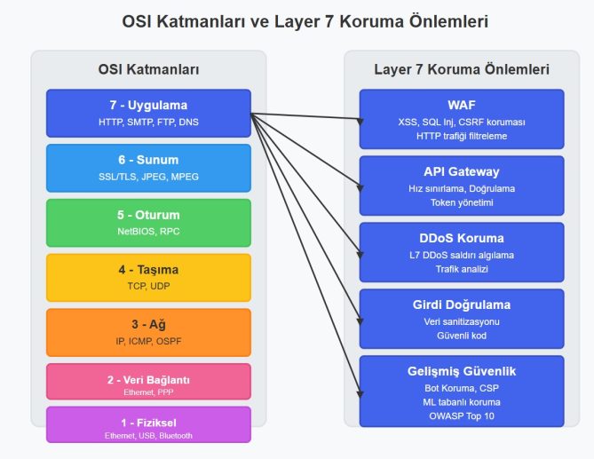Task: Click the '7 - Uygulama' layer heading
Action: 148,106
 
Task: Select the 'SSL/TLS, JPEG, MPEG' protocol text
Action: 148,177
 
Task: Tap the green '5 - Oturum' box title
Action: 148,215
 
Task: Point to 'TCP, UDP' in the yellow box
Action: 148,286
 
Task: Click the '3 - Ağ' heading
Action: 148,325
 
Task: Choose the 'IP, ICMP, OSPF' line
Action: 148,341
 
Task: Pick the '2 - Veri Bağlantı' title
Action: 148,380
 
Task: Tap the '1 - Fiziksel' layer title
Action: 148,423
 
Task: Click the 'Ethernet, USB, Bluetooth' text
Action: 148,436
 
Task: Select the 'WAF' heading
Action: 462,105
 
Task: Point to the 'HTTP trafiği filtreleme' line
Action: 462,137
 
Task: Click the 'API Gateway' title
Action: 462,172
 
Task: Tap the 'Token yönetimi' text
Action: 462,203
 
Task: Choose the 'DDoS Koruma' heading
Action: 462,238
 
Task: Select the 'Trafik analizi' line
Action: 462,269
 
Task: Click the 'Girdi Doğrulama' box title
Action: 462,305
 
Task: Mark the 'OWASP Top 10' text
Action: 462,416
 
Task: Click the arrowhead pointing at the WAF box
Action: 360,122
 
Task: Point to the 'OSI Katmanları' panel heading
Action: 148,69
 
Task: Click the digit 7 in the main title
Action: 328,21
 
